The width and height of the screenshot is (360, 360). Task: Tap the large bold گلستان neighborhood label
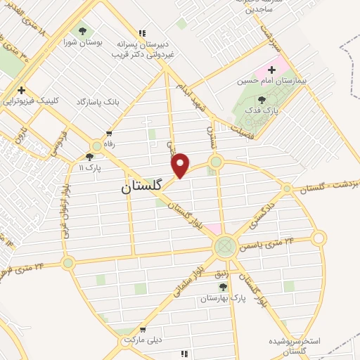click(x=141, y=187)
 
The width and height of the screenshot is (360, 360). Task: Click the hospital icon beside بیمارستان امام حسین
click(x=271, y=70)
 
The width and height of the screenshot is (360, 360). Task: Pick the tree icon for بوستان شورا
click(x=83, y=32)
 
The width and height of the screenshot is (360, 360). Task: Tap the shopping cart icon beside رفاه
click(x=108, y=133)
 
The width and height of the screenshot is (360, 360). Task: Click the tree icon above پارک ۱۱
click(x=89, y=157)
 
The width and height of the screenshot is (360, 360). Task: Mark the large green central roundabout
click(x=225, y=246)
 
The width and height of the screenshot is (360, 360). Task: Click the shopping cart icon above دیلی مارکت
click(x=143, y=328)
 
